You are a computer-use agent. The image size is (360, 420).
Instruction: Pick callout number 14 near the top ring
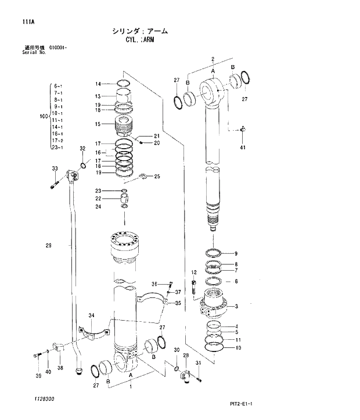pos(98,84)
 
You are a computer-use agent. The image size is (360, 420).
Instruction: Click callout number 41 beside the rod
pos(242,148)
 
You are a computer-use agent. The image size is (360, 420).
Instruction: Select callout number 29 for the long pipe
pos(48,246)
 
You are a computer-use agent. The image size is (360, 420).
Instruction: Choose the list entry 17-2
pos(58,141)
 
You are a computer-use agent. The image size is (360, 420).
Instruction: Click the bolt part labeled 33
pos(54,186)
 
